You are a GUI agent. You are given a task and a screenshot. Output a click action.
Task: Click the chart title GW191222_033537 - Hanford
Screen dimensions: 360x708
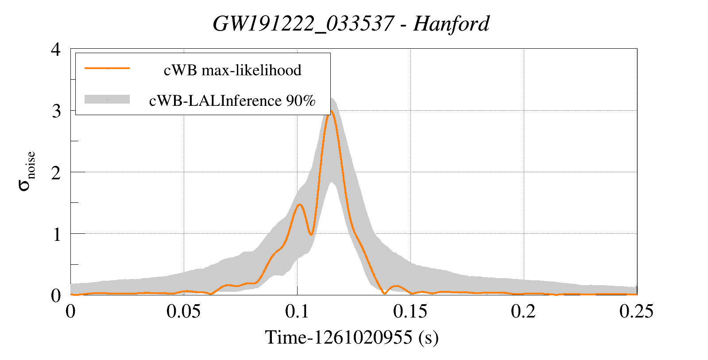[x=351, y=24]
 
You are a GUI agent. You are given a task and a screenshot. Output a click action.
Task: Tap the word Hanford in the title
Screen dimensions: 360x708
[x=451, y=24]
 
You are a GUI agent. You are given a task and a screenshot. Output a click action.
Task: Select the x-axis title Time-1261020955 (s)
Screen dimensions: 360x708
[x=352, y=337]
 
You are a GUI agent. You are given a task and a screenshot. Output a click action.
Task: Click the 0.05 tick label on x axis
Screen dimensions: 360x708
[x=184, y=312]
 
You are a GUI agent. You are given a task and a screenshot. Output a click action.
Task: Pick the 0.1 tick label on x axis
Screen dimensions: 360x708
[x=297, y=312]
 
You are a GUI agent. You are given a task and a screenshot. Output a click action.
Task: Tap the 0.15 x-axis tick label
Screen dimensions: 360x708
[x=410, y=312]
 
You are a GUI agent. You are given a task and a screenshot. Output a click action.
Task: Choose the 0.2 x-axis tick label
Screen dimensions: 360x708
[x=523, y=312]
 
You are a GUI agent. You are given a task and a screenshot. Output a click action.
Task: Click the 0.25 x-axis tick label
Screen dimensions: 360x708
[x=636, y=312]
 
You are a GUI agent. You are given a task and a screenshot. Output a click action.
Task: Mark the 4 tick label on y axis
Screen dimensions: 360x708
[x=56, y=49]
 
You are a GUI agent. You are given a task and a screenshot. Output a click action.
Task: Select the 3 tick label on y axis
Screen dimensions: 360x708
[x=56, y=111]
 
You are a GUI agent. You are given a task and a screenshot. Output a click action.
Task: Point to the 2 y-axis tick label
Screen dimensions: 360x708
[x=56, y=173]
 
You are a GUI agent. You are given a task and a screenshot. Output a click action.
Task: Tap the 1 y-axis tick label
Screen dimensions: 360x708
[x=56, y=234]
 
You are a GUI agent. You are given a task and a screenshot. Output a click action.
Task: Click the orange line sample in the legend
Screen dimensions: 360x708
[x=107, y=68]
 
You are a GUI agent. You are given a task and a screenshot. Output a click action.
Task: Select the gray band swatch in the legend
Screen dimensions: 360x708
[x=107, y=99]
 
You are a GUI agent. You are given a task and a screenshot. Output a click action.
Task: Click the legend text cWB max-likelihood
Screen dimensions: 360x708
[x=232, y=70]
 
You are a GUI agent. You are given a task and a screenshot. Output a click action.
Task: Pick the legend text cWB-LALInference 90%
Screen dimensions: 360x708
[x=232, y=101]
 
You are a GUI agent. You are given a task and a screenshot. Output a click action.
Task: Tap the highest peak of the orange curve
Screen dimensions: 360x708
[x=330, y=111]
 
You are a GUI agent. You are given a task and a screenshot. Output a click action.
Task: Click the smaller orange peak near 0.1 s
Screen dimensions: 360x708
[x=300, y=205]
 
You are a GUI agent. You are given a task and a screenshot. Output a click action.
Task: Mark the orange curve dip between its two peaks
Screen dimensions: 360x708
[x=311, y=234]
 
